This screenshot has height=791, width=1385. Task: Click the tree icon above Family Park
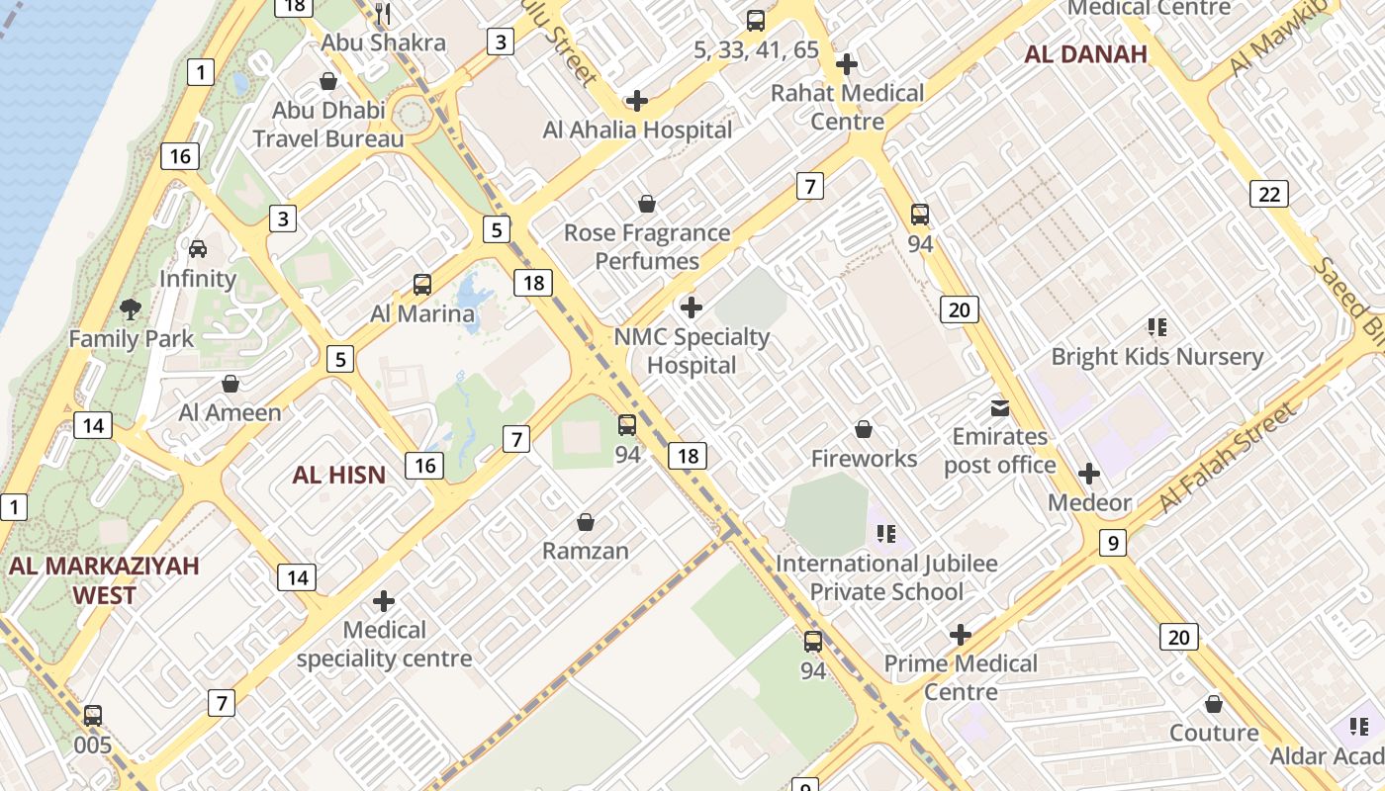pos(130,309)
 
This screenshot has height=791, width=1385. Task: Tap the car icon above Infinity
pos(198,249)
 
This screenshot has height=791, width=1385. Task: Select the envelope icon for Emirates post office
pos(1000,407)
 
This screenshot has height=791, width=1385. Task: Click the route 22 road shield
pos(1269,194)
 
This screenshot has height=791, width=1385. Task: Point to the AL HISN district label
pos(338,475)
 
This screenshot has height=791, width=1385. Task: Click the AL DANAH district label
pos(1085,54)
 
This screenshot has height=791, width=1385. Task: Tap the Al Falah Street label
pos(1227,458)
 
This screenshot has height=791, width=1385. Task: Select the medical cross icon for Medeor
pos(1089,474)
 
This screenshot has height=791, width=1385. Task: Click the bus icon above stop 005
pos(93,715)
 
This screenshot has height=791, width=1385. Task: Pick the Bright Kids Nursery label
pos(1156,356)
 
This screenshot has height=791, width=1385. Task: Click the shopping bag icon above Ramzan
pos(586,522)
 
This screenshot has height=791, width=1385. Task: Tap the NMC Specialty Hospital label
pos(692,351)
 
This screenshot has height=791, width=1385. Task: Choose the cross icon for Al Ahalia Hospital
pos(637,101)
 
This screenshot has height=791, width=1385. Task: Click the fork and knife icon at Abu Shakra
pos(384,14)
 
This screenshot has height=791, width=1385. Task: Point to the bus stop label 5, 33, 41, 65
pos(756,49)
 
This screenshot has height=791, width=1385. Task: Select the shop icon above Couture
pos(1214,704)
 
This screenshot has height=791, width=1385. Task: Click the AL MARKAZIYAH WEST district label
pos(104,580)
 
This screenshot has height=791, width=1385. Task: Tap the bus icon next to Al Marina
pos(422,285)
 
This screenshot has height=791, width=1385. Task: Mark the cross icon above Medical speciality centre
pos(384,601)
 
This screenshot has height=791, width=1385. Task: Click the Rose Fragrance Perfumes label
pos(647,247)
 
